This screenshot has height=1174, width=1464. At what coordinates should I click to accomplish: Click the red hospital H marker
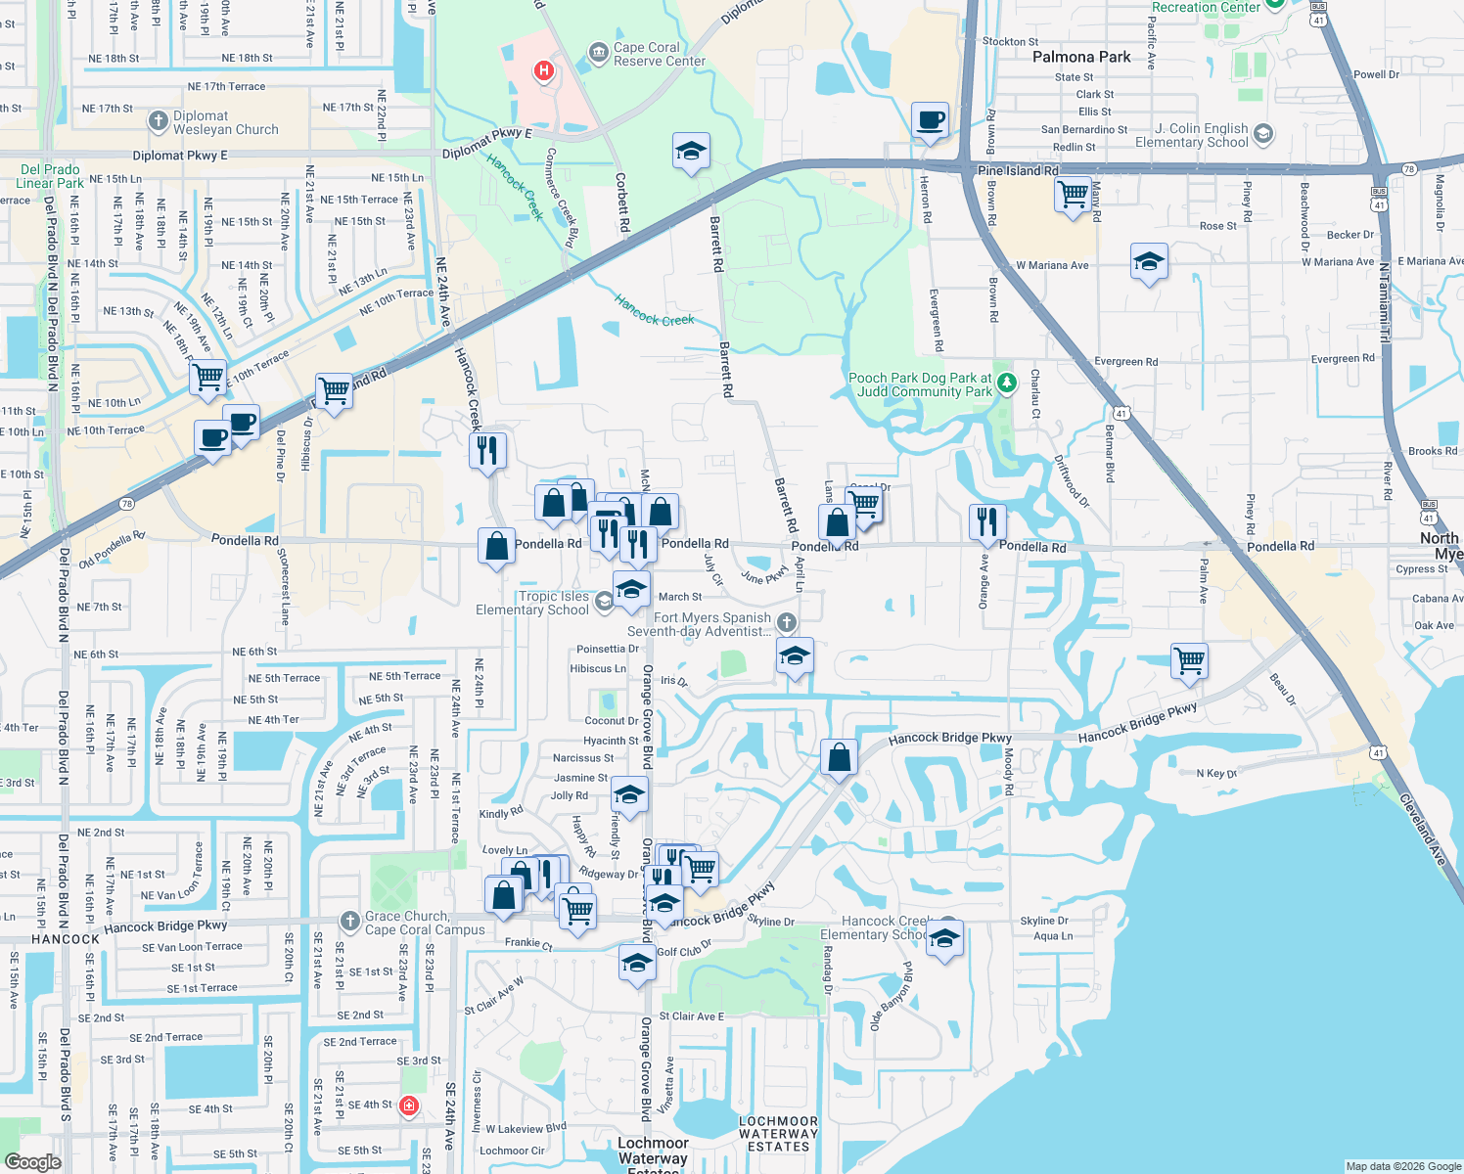pyautogui.click(x=544, y=70)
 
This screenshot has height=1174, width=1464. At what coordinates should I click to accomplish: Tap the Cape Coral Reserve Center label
pyautogui.click(x=659, y=54)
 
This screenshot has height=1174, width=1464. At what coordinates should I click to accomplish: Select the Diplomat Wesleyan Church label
pyautogui.click(x=225, y=122)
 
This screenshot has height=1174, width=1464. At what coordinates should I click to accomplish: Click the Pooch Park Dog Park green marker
pyautogui.click(x=1006, y=381)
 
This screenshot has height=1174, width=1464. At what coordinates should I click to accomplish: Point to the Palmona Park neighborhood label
pyautogui.click(x=1081, y=57)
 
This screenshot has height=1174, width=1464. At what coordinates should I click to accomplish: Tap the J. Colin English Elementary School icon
pyautogui.click(x=1263, y=133)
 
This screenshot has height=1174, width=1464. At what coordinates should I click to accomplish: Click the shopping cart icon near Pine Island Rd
pyautogui.click(x=1074, y=194)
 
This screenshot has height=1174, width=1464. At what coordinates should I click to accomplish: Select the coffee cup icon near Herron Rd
pyautogui.click(x=930, y=120)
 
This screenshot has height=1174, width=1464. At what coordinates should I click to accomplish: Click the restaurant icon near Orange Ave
pyautogui.click(x=987, y=522)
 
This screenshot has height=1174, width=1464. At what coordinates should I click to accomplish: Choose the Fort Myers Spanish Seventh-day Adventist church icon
pyautogui.click(x=786, y=622)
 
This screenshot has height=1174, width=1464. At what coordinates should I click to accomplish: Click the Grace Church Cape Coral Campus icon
pyautogui.click(x=349, y=921)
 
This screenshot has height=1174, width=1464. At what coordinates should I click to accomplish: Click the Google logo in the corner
pyautogui.click(x=32, y=1161)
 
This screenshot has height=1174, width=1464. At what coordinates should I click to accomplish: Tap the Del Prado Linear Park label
pyautogui.click(x=50, y=176)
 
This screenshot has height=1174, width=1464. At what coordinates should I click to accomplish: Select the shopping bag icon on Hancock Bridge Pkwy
pyautogui.click(x=839, y=757)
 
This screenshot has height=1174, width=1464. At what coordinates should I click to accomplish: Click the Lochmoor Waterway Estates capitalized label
pyautogui.click(x=778, y=1134)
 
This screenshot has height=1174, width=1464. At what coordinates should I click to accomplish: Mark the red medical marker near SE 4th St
pyautogui.click(x=409, y=1106)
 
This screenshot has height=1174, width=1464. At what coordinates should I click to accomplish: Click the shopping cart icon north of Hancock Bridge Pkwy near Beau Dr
pyautogui.click(x=1190, y=660)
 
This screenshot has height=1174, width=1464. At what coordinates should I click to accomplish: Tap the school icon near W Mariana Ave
pyautogui.click(x=1149, y=262)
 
